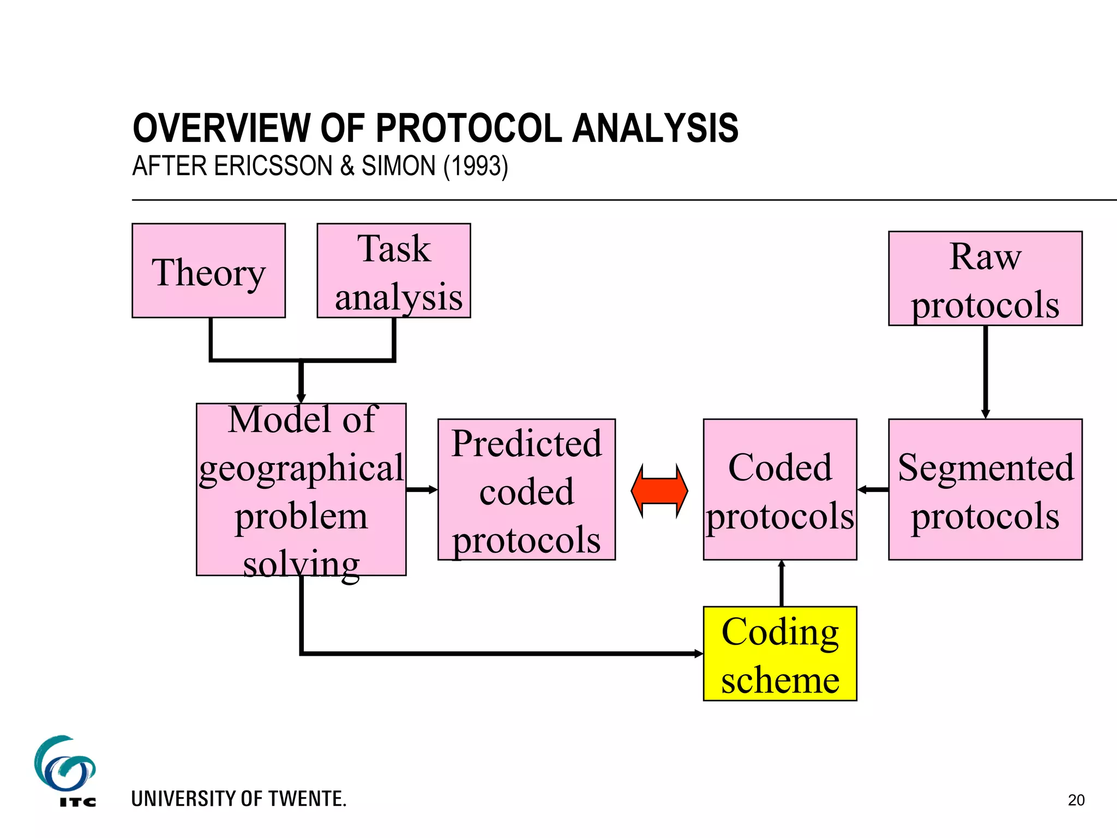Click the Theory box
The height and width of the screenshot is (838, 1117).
click(208, 271)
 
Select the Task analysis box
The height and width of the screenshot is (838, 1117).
click(393, 271)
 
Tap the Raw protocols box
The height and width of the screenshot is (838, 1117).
click(985, 278)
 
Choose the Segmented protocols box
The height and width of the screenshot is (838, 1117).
click(985, 489)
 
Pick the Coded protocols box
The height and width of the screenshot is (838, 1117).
click(779, 489)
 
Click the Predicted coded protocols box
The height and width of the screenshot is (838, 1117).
click(526, 489)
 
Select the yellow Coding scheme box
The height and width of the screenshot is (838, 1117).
click(779, 654)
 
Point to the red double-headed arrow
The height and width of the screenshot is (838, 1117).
click(659, 490)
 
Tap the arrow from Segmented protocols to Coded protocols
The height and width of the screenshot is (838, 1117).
click(873, 489)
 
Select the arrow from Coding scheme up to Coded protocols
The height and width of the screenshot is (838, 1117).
click(782, 583)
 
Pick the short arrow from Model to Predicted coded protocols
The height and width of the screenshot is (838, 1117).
click(422, 489)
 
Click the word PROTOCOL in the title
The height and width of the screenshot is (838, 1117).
click(469, 129)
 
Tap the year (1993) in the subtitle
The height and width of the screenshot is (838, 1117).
click(476, 166)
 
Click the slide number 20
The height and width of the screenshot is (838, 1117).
click(1076, 800)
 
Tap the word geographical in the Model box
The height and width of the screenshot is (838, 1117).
click(301, 468)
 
